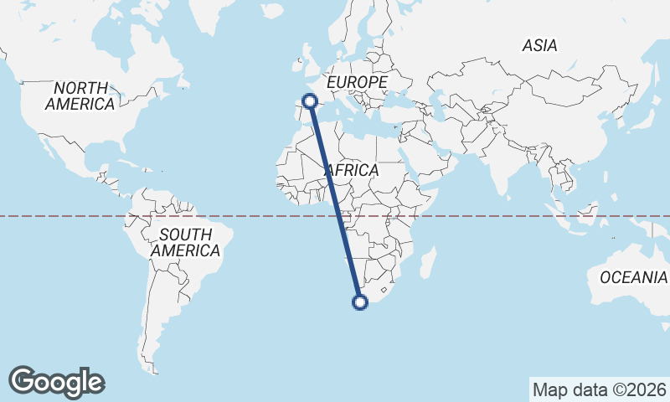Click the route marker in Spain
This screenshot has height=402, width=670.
pyautogui.click(x=310, y=101)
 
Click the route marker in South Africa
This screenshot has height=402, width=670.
pyautogui.click(x=361, y=302)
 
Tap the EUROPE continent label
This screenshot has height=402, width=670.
pyautogui.click(x=357, y=82)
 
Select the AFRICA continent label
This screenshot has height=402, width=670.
pyautogui.click(x=352, y=170)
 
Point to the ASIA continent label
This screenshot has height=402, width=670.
pyautogui.click(x=539, y=46)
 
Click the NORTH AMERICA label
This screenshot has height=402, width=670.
pyautogui.click(x=80, y=96)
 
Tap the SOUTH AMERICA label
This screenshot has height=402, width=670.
pyautogui.click(x=185, y=242)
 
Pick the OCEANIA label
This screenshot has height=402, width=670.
pyautogui.click(x=633, y=277)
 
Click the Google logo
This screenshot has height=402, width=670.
pyautogui.click(x=57, y=381)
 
